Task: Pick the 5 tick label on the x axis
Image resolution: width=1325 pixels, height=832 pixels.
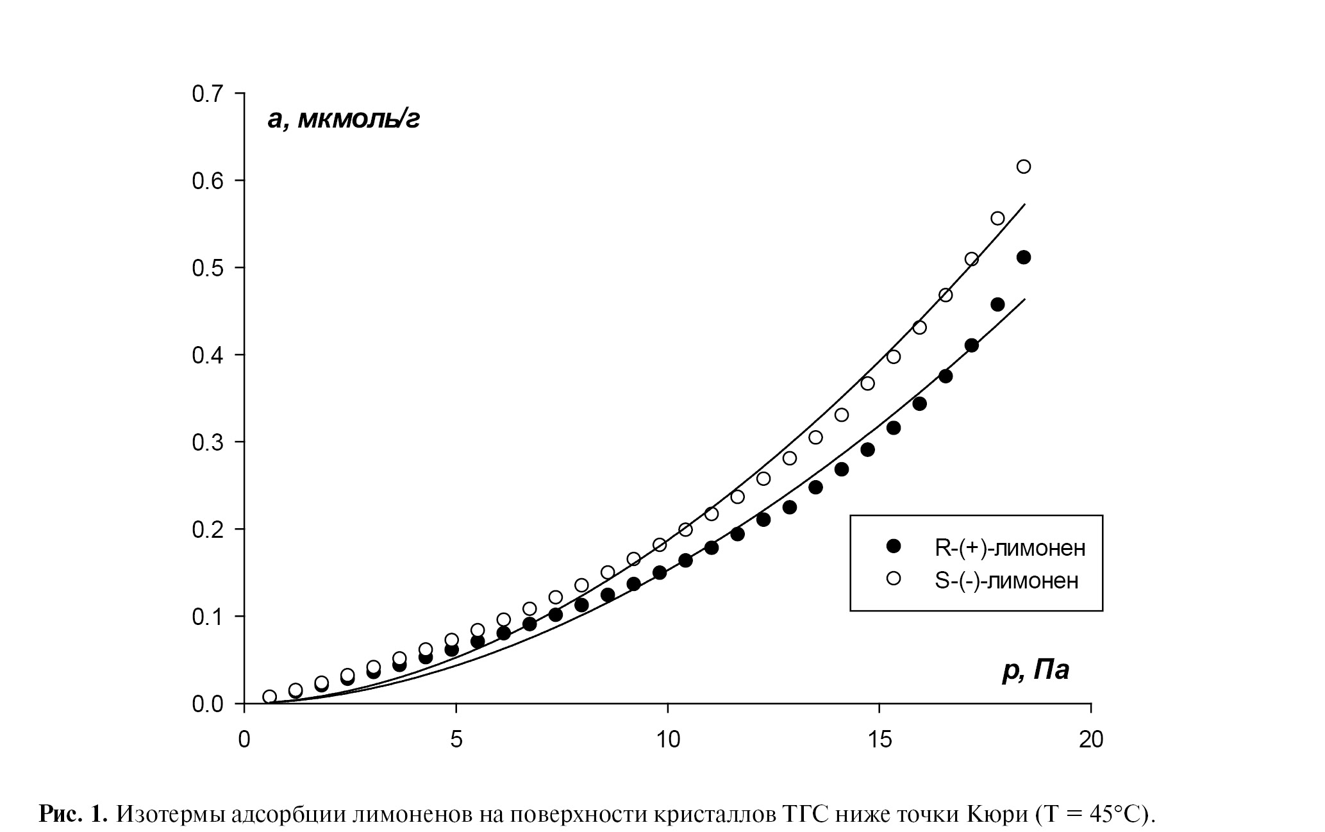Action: click(x=456, y=740)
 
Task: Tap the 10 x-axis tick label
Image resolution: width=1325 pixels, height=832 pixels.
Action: click(x=667, y=740)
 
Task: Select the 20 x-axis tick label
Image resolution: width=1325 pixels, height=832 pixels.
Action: click(x=1091, y=740)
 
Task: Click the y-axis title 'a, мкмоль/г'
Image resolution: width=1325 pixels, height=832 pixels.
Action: click(x=344, y=119)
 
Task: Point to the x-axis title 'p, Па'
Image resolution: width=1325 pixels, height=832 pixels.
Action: click(x=1036, y=670)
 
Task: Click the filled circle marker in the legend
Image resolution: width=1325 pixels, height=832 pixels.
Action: click(x=893, y=546)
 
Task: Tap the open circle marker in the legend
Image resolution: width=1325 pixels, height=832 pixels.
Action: click(x=893, y=579)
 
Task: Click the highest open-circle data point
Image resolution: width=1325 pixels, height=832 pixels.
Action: click(x=1024, y=167)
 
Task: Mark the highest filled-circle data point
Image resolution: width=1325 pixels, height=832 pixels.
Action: click(x=1024, y=257)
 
